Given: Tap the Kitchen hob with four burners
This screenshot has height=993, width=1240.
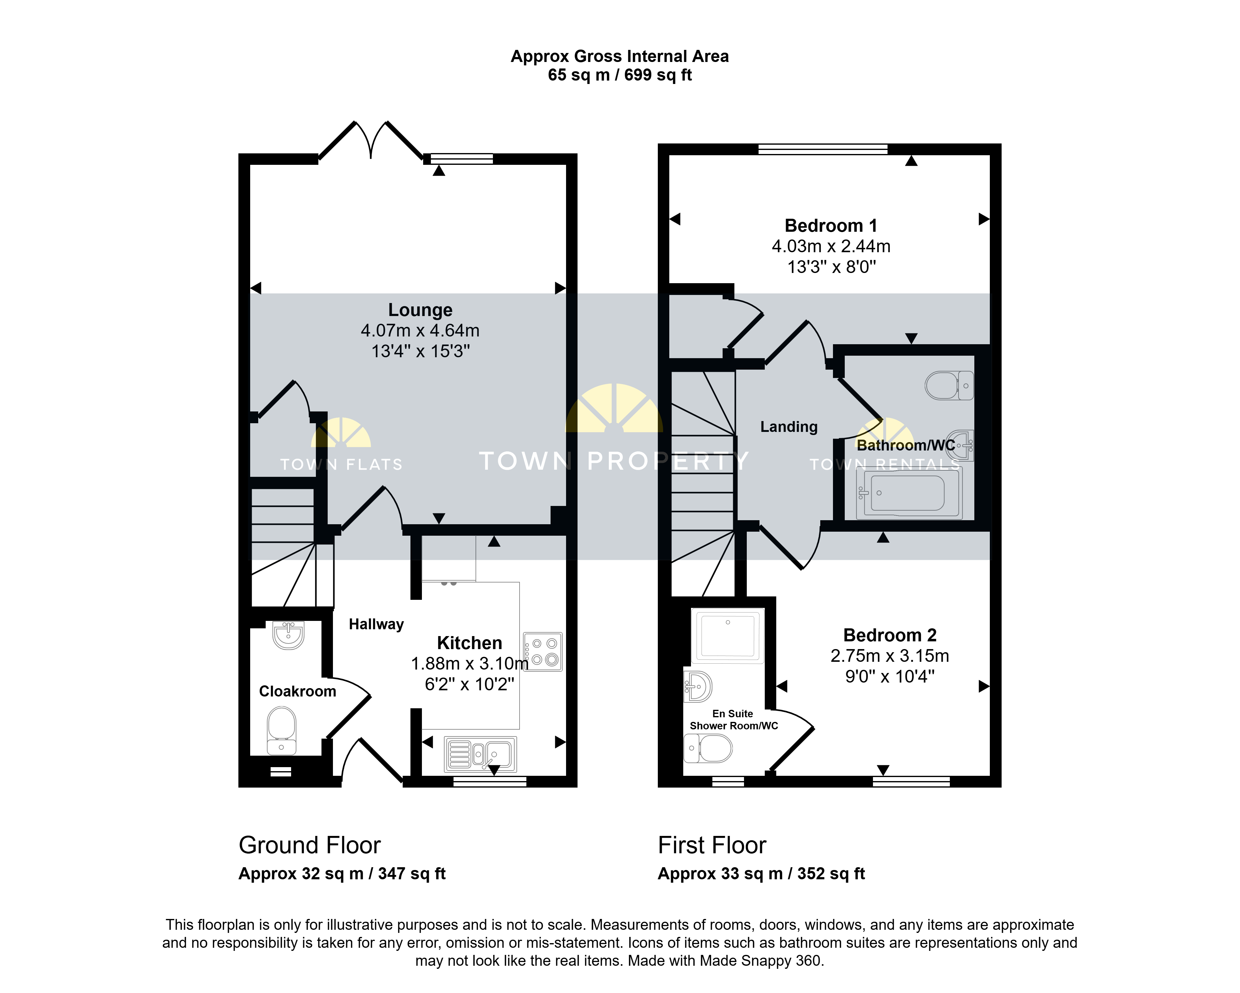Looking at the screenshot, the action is point(543,652).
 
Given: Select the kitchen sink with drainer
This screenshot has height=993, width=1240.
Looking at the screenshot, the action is point(480,754).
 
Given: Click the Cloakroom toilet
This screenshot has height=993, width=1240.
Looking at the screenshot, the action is point(281,730).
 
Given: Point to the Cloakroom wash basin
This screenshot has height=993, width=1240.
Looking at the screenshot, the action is point(288,635).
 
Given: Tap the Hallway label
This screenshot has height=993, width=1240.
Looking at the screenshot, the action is point(376,624).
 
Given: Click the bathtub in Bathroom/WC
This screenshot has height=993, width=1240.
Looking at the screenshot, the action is point(909,493).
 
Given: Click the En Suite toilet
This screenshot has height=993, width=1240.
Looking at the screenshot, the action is point(707,748).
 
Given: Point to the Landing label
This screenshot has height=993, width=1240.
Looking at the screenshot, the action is point(789,427).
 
